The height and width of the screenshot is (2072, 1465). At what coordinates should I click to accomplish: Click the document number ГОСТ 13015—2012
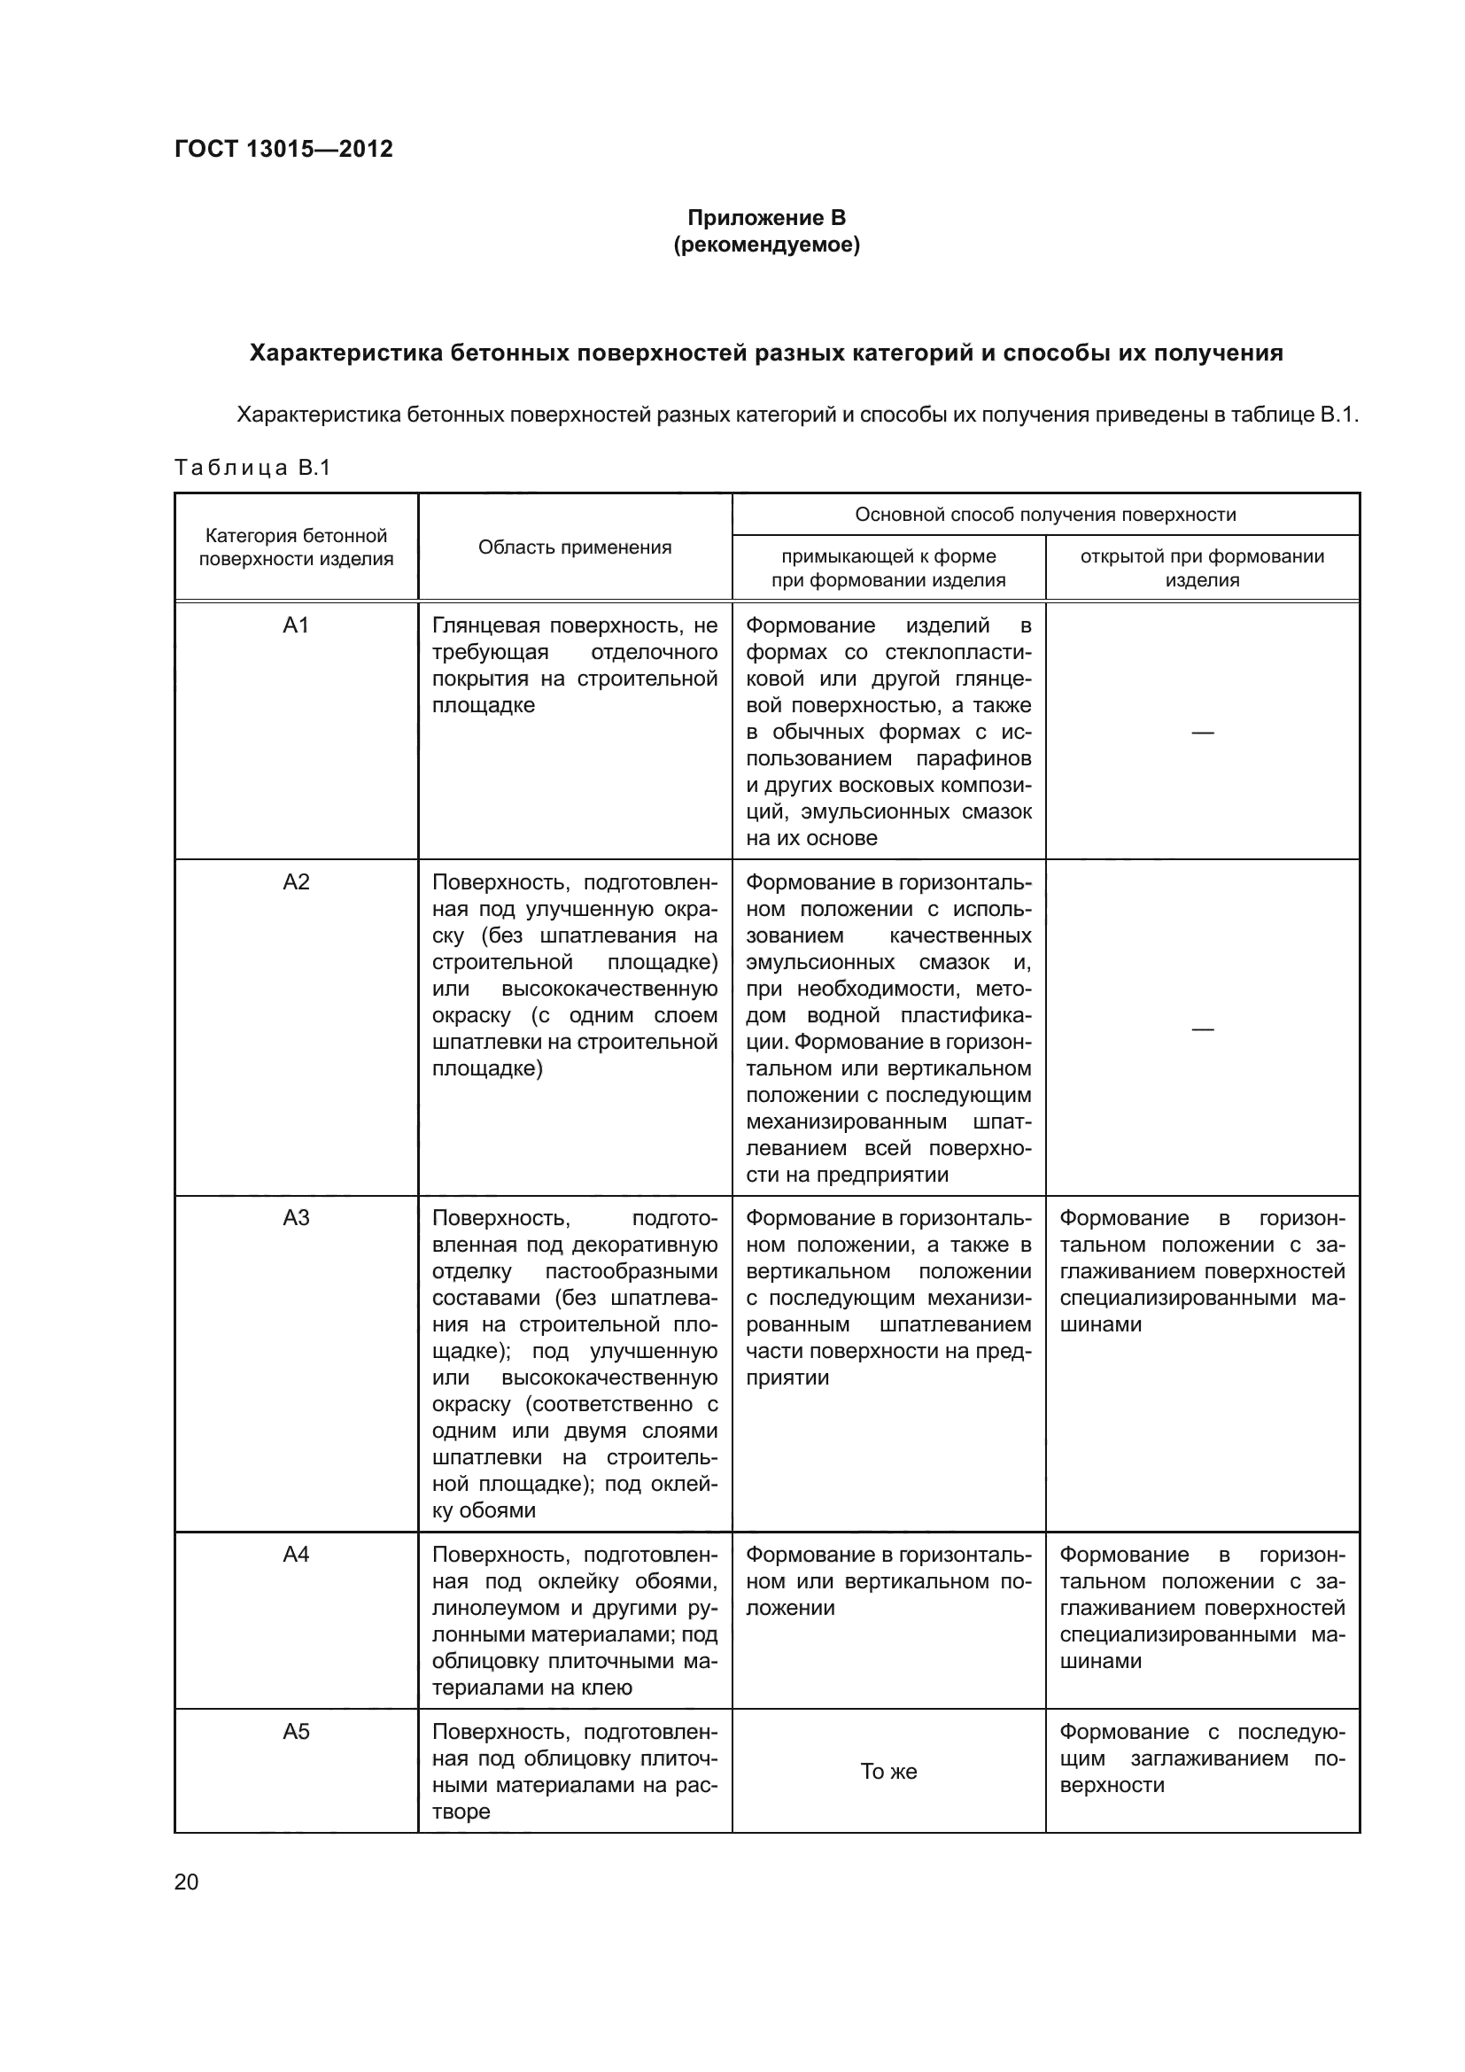283,149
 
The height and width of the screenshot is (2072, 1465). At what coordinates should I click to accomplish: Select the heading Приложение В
766,218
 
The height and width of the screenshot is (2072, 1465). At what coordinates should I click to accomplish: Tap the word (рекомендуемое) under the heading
766,244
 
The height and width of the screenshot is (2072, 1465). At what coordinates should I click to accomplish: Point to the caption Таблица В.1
252,468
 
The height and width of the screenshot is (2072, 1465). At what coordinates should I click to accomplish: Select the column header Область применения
575,547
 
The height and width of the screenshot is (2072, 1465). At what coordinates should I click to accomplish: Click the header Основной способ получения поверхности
1044,515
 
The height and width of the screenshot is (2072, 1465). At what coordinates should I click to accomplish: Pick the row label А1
296,625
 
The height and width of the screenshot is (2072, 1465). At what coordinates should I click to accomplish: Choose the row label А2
296,881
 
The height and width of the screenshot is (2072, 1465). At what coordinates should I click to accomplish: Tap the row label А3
296,1218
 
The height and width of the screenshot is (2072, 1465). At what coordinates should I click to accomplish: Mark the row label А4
296,1554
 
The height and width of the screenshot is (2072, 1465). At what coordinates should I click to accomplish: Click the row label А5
296,1731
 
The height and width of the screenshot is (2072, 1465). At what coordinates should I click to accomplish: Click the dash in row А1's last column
1202,732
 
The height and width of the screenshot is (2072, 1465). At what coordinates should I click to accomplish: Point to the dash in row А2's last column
1202,1028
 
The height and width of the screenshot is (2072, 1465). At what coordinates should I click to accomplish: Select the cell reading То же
888,1772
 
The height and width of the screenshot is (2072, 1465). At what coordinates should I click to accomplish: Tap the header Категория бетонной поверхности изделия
296,547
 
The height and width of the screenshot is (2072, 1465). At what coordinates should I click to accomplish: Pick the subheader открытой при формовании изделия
1202,568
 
